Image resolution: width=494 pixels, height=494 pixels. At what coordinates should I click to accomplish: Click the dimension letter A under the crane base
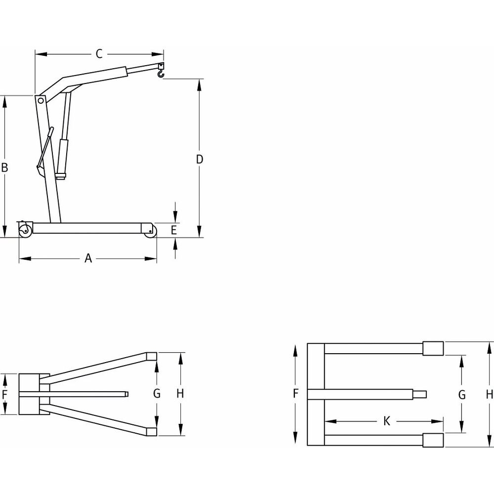[x=88, y=258]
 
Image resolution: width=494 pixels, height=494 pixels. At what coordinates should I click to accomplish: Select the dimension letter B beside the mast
[x=4, y=167]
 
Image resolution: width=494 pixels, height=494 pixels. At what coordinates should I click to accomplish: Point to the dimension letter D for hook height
[x=200, y=159]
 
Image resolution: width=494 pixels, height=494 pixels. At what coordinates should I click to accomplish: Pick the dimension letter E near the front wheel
[x=173, y=230]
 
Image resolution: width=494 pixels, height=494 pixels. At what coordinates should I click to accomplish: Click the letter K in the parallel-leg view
[x=387, y=421]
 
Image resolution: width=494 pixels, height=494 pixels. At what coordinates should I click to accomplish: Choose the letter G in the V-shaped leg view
[x=157, y=394]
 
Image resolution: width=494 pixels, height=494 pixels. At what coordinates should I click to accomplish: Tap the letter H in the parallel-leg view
[x=489, y=394]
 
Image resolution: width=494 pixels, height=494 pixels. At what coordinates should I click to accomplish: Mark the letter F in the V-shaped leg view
[x=5, y=394]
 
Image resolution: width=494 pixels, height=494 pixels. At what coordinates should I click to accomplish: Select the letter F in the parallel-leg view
[x=295, y=394]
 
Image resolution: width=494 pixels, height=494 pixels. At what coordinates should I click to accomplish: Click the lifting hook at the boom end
[x=160, y=73]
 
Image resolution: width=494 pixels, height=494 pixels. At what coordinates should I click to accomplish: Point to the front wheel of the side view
[x=150, y=231]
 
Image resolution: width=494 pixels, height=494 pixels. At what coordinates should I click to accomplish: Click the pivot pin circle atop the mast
[x=40, y=100]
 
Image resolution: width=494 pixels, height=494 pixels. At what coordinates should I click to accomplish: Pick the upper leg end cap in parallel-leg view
[x=433, y=348]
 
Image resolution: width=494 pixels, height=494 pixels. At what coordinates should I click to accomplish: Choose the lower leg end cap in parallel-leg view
[x=433, y=440]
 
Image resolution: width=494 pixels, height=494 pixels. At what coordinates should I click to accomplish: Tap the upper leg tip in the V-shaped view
[x=152, y=355]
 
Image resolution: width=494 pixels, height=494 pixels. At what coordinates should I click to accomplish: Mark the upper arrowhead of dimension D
[x=200, y=84]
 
